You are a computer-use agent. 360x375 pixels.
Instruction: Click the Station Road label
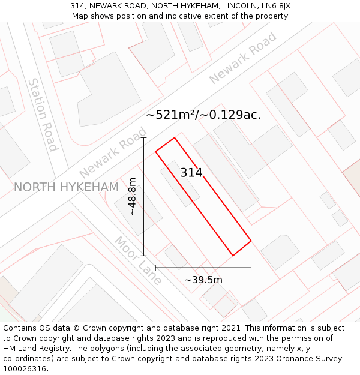(x=43, y=115)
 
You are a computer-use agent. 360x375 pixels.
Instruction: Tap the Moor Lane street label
(x=139, y=260)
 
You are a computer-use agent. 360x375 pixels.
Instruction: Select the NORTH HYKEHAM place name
(x=66, y=187)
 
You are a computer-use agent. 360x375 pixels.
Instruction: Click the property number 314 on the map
(x=191, y=173)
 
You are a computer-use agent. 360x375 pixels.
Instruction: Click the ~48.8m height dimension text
(x=133, y=197)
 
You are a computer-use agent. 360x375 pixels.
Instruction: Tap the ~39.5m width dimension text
(x=203, y=280)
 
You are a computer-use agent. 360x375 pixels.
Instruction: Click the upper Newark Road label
(x=243, y=58)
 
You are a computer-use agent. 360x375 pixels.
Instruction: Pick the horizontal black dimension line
(x=203, y=267)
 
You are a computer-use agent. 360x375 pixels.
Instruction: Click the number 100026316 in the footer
(x=25, y=369)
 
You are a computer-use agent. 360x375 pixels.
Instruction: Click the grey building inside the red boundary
(x=179, y=184)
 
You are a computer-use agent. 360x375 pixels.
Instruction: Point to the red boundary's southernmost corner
(x=233, y=256)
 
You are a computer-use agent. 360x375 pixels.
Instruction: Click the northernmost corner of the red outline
(x=175, y=138)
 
